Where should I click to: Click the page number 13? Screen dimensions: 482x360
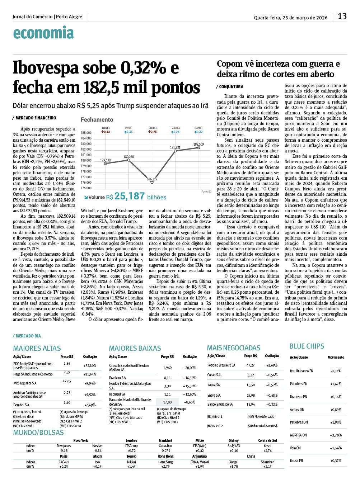[x=342, y=16]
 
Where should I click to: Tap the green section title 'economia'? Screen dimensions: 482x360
[x=43, y=33]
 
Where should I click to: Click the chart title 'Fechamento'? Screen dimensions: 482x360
[x=97, y=120]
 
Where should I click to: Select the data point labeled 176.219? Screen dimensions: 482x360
[x=152, y=182]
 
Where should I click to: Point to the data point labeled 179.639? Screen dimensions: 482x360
[x=106, y=164]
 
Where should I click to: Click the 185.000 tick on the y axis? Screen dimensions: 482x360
[x=86, y=133]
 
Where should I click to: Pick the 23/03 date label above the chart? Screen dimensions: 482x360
[x=176, y=128]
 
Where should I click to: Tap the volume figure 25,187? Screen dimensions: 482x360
[x=129, y=196]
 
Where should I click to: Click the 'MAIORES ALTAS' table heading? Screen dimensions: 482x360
[x=37, y=348]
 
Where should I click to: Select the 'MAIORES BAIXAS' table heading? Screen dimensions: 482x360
[x=135, y=348]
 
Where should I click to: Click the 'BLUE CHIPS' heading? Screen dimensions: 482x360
[x=307, y=346]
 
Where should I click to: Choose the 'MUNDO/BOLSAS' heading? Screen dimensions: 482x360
[x=38, y=433]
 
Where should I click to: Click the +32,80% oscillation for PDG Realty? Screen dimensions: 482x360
[x=90, y=366]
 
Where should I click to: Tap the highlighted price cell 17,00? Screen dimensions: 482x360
[x=167, y=402]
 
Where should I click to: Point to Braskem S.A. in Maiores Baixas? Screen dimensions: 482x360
[x=118, y=378]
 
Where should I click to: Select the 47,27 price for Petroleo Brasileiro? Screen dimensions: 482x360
[x=251, y=365]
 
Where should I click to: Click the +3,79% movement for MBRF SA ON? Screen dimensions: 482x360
[x=336, y=435]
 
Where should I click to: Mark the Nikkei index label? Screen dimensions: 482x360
[x=131, y=462]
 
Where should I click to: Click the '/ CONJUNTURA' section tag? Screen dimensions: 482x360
[x=230, y=87]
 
